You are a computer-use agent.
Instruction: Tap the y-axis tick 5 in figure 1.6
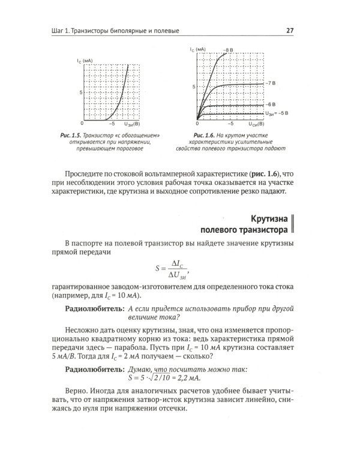click(x=193, y=87)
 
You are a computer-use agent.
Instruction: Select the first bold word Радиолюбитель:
click(x=94, y=308)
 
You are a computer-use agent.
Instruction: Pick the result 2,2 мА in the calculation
click(x=187, y=378)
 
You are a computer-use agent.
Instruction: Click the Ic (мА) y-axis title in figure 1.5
click(x=85, y=61)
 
